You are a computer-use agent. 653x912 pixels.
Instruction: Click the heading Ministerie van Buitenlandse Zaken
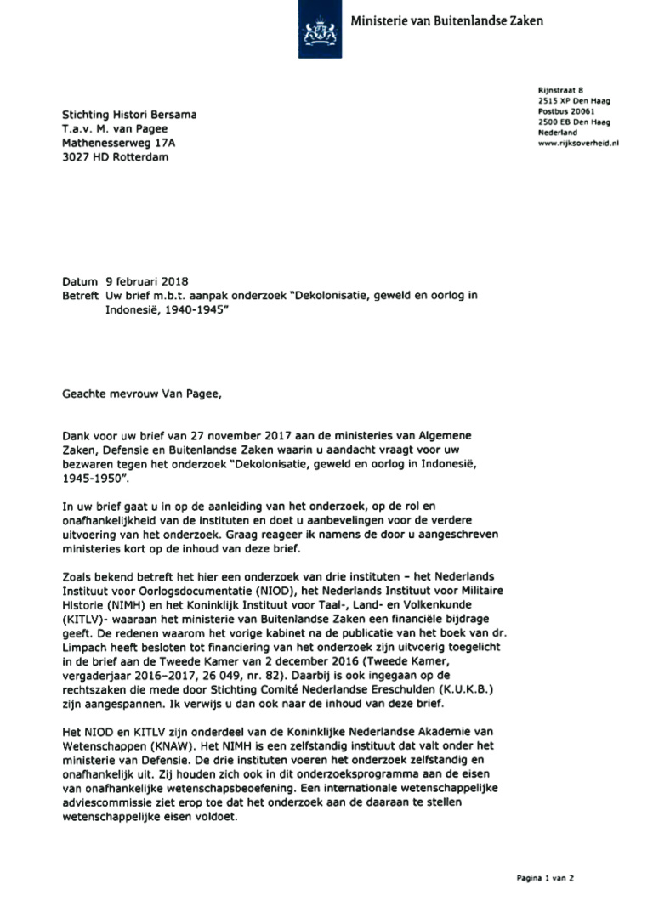tap(446, 20)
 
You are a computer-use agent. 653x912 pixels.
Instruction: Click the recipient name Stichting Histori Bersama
tap(133, 115)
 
